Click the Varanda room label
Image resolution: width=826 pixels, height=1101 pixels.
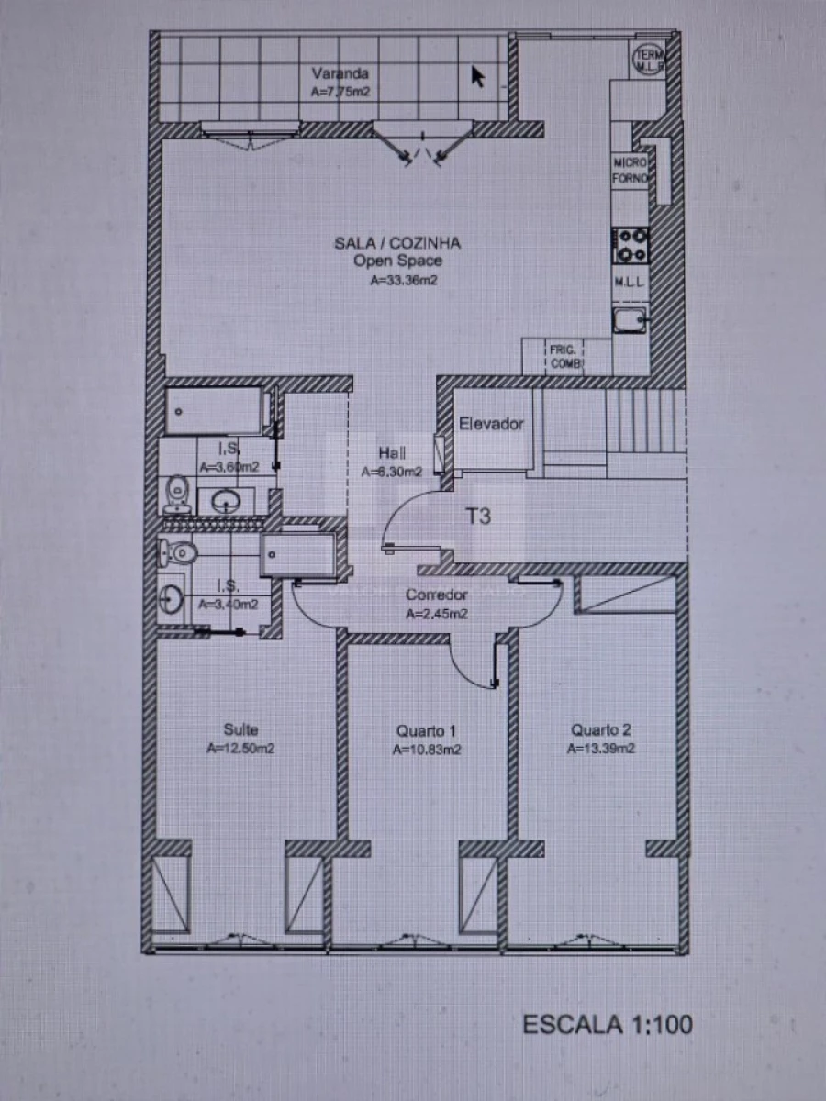(x=340, y=73)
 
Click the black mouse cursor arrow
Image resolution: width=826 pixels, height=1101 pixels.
(x=477, y=75)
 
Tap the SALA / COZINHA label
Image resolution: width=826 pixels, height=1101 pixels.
(x=396, y=242)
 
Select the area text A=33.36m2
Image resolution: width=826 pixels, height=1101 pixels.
(x=402, y=282)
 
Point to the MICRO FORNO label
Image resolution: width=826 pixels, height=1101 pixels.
(x=631, y=170)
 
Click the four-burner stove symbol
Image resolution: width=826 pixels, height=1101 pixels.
(x=631, y=244)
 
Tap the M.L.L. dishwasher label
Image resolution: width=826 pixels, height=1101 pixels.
(x=631, y=284)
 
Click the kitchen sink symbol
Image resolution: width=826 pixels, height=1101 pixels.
(x=631, y=320)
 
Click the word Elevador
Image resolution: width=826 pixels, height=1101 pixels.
(x=491, y=424)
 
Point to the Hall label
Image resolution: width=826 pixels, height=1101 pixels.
(x=392, y=453)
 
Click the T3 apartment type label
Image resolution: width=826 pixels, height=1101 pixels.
(x=478, y=517)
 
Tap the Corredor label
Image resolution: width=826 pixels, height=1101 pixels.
(x=437, y=595)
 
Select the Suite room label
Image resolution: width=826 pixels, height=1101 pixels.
(x=240, y=730)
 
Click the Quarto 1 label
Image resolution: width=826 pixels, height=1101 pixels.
(x=426, y=731)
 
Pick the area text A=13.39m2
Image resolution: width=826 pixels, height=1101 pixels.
(x=601, y=749)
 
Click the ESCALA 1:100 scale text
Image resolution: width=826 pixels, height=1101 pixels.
(x=608, y=1024)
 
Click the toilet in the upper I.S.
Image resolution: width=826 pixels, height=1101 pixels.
(x=176, y=495)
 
